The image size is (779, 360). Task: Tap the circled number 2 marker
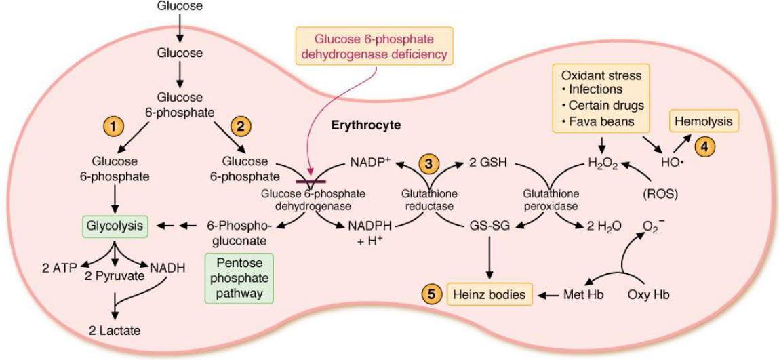(240, 126)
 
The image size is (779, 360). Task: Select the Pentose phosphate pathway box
(238, 278)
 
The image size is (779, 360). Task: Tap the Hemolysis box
(705, 122)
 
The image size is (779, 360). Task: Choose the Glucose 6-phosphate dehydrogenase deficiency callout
(374, 45)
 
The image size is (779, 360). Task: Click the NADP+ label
(369, 163)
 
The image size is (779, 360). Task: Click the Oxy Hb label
(650, 294)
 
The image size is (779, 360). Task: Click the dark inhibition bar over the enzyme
(309, 182)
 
